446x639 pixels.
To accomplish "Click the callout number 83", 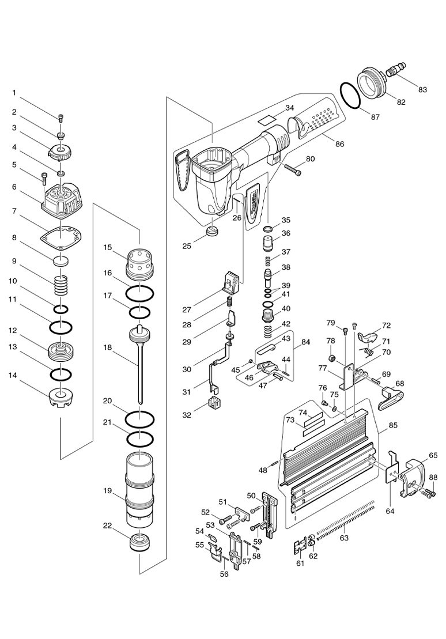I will coord(422,89).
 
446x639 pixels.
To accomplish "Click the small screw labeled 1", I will coord(61,119).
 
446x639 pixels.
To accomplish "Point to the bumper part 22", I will coord(139,543).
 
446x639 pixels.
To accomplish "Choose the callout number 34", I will coord(289,108).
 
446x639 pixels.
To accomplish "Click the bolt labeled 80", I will coord(293,170).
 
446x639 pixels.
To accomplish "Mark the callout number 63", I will coord(345,539).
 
